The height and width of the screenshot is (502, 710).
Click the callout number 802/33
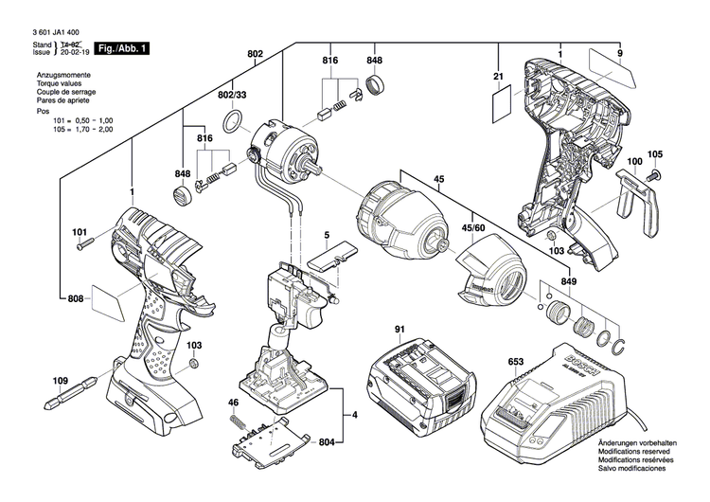232,96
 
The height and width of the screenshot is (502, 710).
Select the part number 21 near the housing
496,76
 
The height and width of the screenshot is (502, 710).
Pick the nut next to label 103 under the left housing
193,366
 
